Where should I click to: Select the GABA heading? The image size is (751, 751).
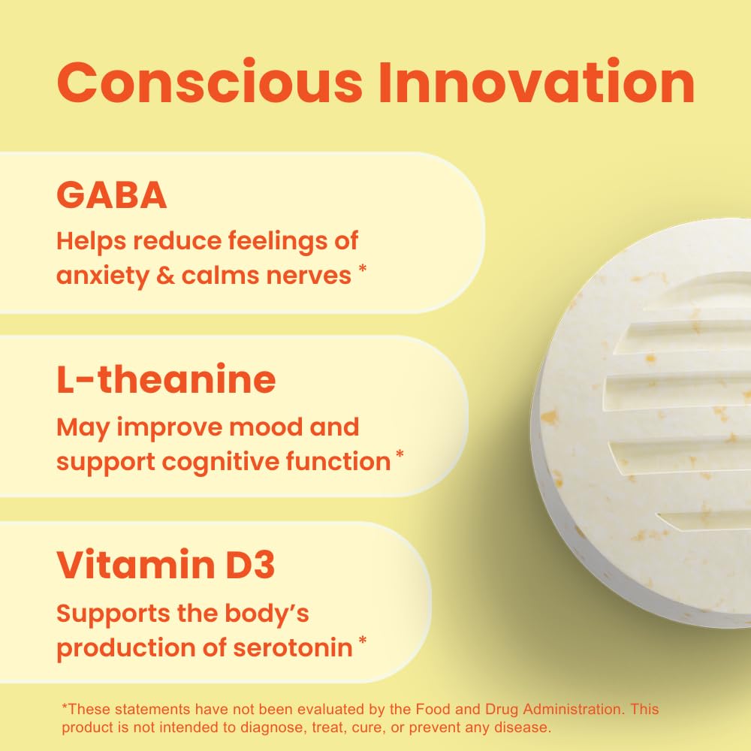111,195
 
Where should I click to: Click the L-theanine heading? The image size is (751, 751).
166,380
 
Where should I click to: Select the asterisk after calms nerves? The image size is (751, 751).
363,270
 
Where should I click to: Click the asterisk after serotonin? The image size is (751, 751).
363,641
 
